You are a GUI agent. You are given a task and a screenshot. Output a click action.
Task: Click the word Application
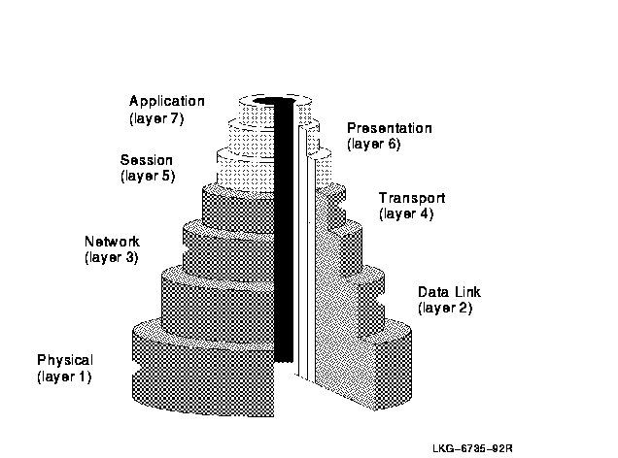click(x=167, y=102)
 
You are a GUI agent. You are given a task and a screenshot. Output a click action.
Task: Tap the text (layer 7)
click(x=156, y=118)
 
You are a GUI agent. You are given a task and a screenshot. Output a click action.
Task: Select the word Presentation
click(x=390, y=128)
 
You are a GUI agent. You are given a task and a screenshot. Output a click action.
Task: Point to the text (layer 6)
click(x=374, y=144)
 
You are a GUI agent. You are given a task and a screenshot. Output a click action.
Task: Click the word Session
click(x=147, y=160)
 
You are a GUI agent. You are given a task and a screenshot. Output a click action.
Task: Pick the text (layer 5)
click(x=148, y=176)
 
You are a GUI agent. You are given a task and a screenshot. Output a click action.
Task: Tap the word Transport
click(x=412, y=198)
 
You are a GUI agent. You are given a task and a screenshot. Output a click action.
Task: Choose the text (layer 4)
click(x=406, y=214)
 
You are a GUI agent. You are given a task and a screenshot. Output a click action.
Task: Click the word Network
click(x=113, y=241)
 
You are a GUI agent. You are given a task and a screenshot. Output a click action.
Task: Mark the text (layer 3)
click(x=112, y=257)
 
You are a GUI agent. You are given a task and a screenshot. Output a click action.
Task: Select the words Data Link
click(x=449, y=292)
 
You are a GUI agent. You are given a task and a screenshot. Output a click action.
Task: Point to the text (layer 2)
click(x=445, y=308)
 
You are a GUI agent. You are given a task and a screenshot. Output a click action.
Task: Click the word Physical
click(x=65, y=360)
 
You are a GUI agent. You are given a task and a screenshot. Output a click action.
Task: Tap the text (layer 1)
click(x=64, y=376)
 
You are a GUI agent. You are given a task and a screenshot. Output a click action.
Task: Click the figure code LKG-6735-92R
click(x=472, y=448)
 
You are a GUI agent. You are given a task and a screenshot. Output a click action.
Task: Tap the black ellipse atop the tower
click(x=273, y=101)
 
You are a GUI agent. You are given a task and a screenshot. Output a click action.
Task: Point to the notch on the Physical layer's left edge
click(x=136, y=371)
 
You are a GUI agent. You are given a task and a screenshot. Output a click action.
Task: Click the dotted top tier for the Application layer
click(x=257, y=113)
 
